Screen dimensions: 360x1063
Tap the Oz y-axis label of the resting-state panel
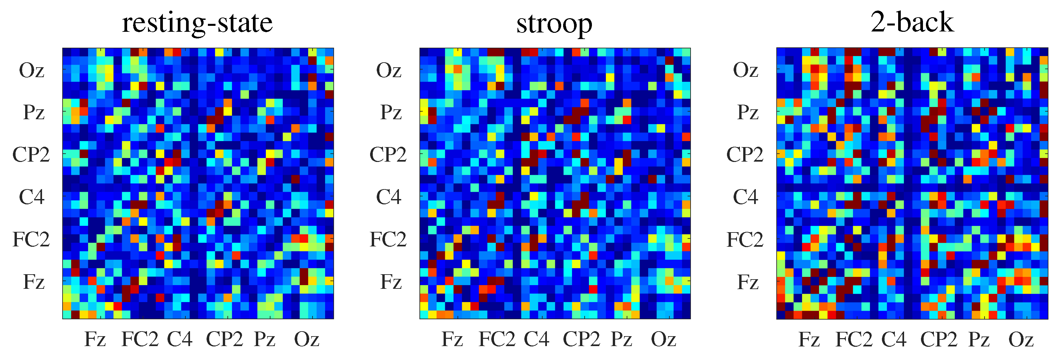click(x=32, y=70)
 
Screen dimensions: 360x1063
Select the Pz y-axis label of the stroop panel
click(x=390, y=112)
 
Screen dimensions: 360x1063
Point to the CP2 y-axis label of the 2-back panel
click(x=745, y=155)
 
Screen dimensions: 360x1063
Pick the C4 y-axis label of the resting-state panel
click(x=32, y=197)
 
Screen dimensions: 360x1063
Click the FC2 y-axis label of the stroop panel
click(x=388, y=239)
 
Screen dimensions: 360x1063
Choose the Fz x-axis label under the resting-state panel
click(x=95, y=339)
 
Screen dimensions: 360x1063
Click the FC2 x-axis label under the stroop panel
click(x=497, y=339)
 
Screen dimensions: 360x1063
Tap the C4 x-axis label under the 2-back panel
click(x=894, y=339)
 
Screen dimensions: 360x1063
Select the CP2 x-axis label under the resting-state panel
click(x=224, y=339)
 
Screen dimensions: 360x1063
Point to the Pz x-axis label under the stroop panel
click(x=621, y=339)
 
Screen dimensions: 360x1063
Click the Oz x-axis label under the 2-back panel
click(x=1021, y=339)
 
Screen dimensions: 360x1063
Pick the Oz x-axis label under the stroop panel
click(x=663, y=339)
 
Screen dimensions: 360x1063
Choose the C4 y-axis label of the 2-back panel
click(x=746, y=197)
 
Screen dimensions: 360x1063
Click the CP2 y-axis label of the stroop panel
click(x=388, y=155)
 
